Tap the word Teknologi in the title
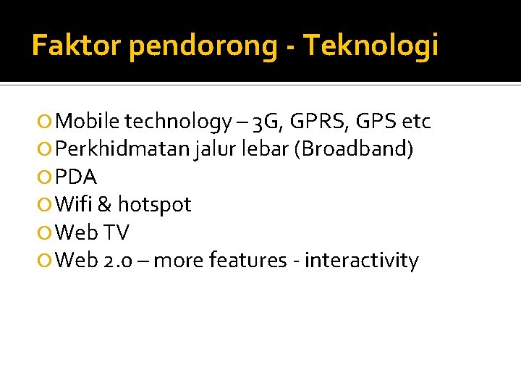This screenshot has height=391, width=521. pos(371,46)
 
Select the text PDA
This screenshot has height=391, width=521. pos(76,177)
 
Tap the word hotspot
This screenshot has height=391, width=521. pos(154,206)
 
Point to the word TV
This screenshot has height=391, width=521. pos(117,232)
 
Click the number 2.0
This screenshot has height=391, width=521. pos(117,260)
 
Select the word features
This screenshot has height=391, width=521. pos(247,260)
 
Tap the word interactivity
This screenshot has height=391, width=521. pos(361,260)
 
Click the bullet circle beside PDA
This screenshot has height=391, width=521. pos(46,177)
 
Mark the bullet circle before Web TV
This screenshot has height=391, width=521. pos(46,233)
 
